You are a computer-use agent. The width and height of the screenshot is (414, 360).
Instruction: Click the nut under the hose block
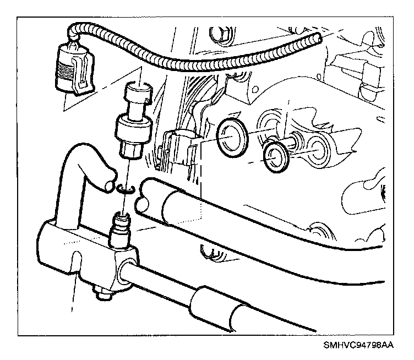102,293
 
